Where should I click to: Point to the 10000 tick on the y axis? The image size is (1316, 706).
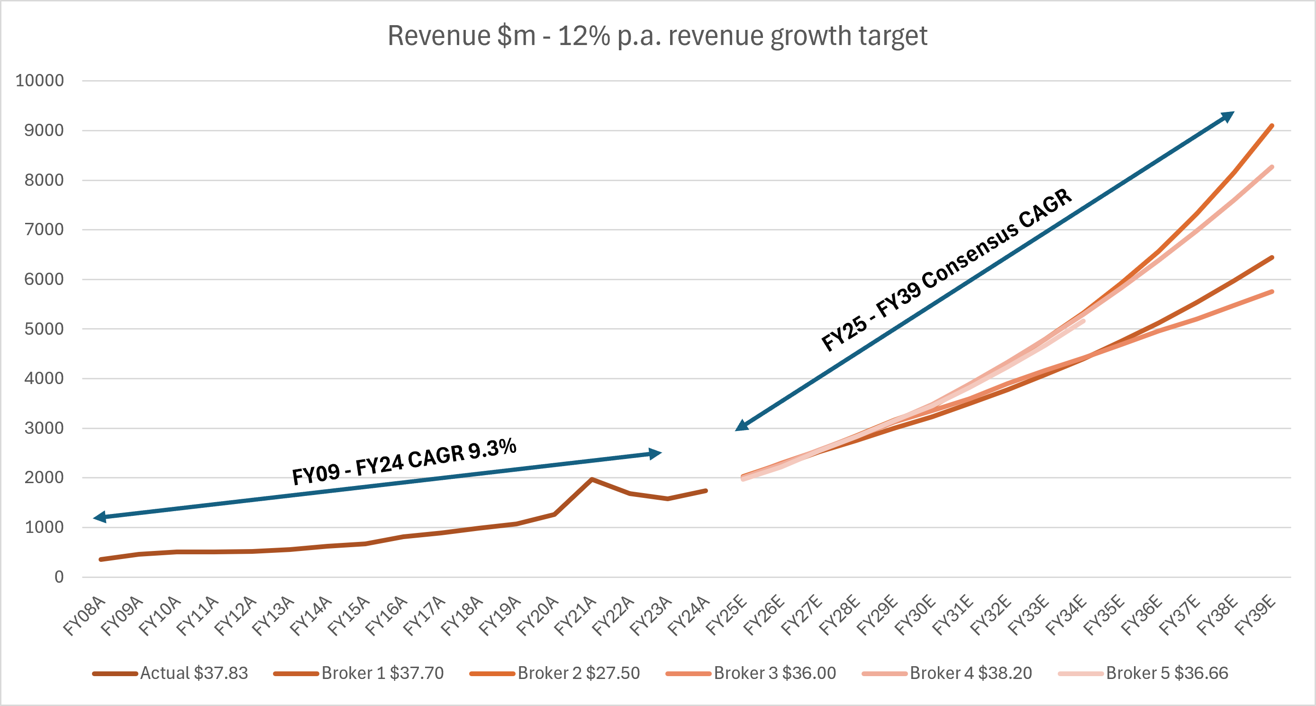[x=40, y=80]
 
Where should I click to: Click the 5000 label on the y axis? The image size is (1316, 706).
[x=44, y=329]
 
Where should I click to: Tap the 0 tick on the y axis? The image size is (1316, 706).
[x=59, y=577]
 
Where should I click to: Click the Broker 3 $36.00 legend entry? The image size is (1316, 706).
[x=751, y=673]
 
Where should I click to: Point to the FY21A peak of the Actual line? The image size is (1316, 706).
[x=591, y=479]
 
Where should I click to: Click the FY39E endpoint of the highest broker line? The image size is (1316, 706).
[x=1271, y=125]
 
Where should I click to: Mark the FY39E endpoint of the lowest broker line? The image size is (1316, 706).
[x=1271, y=292]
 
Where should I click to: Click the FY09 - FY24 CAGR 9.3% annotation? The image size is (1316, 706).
[x=404, y=461]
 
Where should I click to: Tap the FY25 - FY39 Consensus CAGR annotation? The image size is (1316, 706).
[x=946, y=270]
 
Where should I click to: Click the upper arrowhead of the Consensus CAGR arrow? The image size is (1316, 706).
[x=1228, y=116]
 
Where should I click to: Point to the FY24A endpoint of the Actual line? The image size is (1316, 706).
[x=706, y=491]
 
